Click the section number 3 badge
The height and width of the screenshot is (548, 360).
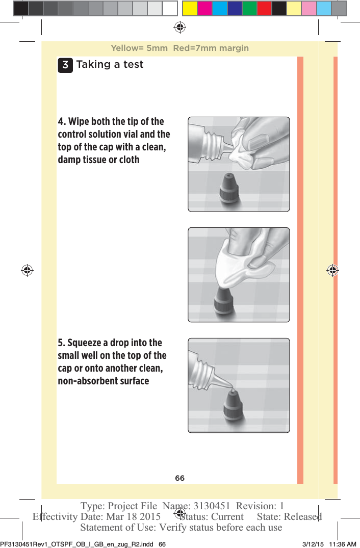(65, 65)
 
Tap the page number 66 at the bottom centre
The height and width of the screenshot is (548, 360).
(179, 478)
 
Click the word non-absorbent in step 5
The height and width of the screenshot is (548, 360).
(86, 381)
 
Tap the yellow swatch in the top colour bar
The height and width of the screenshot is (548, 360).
(190, 9)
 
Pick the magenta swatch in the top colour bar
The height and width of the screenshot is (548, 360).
(204, 9)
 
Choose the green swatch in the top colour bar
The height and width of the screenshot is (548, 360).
(249, 9)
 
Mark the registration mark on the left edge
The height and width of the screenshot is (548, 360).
(27, 270)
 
